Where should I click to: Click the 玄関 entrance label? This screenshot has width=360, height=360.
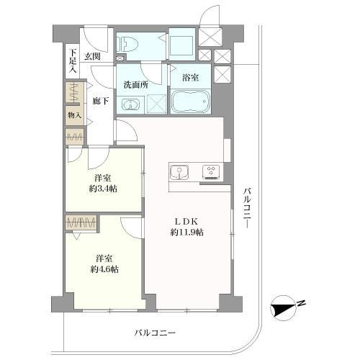[x=91, y=55]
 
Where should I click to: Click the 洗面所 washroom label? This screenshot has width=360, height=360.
[x=135, y=84]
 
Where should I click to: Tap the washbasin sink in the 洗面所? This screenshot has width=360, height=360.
[x=130, y=105]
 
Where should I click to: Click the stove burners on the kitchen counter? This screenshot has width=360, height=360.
[x=212, y=171]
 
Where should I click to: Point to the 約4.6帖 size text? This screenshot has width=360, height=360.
[x=104, y=269]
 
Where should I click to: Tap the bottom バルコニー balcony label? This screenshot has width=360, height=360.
[x=155, y=333]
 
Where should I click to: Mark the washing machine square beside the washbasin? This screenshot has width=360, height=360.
[x=153, y=104]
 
